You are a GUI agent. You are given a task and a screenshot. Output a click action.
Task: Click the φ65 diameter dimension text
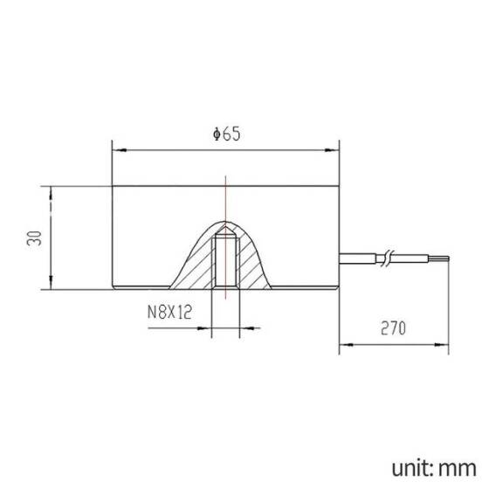[x=225, y=134]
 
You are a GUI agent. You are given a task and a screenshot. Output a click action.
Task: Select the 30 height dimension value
[x=34, y=238]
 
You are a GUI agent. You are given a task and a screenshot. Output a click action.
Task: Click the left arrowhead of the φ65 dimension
[x=118, y=148]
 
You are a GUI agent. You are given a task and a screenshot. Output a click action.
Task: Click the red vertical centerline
[x=225, y=201]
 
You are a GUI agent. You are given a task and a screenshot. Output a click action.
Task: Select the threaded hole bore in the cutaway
[x=225, y=262]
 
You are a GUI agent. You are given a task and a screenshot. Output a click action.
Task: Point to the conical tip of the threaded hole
[x=225, y=231]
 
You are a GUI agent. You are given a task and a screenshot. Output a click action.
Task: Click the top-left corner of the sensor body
[x=113, y=186]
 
